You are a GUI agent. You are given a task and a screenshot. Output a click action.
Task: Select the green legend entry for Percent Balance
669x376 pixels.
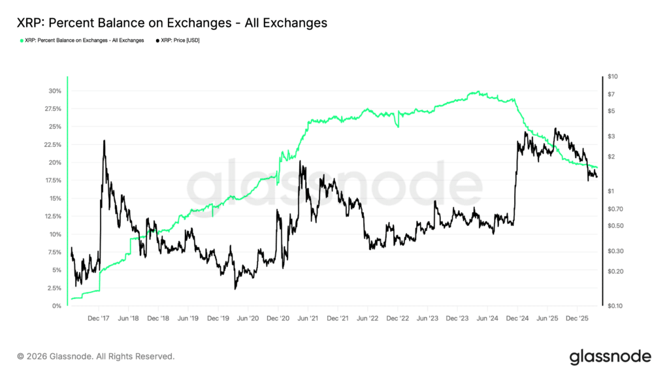tap(83, 40)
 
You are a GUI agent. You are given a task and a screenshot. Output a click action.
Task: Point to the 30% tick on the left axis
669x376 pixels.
tap(55, 91)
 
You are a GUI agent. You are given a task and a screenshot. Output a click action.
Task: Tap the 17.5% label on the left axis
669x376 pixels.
tap(53, 180)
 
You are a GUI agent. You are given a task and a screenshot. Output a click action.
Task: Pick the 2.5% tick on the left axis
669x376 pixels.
tap(55, 288)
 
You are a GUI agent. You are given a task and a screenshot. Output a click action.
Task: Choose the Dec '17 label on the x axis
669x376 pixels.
tap(99, 319)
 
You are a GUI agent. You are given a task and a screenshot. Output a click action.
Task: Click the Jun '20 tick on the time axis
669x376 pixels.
tap(248, 319)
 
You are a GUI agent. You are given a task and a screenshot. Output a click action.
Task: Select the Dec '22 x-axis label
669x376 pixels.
tap(398, 319)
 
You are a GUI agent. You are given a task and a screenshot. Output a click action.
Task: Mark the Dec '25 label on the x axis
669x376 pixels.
tap(578, 319)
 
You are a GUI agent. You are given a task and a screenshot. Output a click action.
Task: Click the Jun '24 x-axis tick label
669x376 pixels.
tap(488, 319)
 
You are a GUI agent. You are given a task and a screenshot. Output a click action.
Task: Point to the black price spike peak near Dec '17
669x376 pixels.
tap(104, 140)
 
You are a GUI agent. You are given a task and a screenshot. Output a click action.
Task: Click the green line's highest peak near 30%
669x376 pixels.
tap(478, 91)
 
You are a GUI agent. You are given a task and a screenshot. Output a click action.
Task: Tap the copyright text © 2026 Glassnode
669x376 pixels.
tap(95, 356)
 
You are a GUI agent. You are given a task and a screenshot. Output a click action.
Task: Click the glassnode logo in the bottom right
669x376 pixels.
tap(610, 356)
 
